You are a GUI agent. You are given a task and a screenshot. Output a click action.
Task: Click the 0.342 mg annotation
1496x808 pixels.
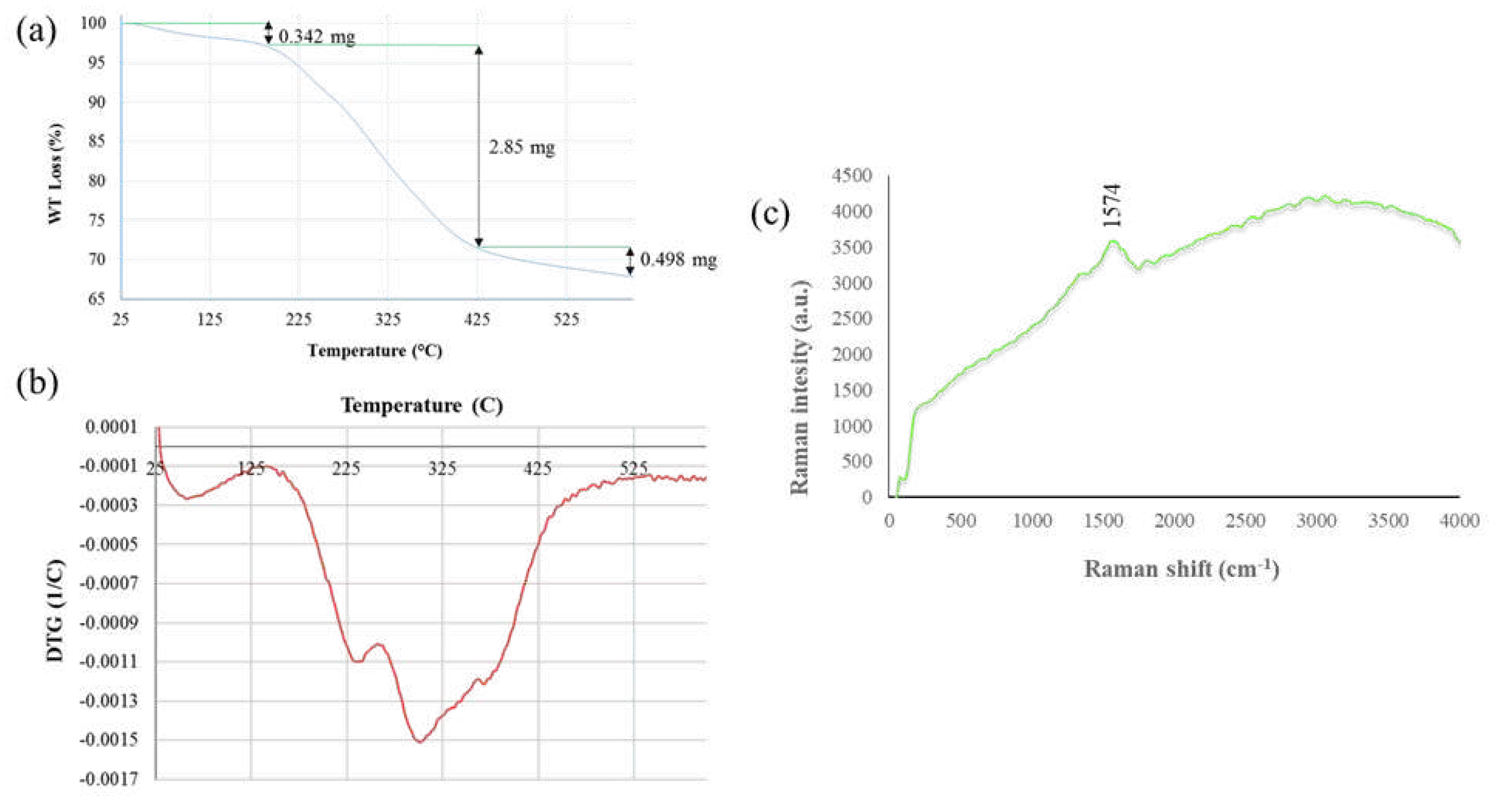click(316, 37)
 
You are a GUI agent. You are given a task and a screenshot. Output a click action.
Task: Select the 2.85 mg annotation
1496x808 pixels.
click(521, 148)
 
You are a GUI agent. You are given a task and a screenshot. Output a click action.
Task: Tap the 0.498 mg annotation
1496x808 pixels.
click(678, 259)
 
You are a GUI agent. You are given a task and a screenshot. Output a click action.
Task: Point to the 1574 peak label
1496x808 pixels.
click(1111, 205)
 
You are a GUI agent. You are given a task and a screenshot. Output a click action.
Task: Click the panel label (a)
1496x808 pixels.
click(36, 30)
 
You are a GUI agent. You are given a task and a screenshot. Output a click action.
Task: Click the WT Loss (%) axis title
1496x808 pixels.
click(55, 174)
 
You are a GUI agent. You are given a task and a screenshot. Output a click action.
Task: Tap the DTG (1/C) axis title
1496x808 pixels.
click(55, 611)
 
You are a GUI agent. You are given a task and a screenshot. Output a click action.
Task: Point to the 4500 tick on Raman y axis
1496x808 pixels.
click(852, 175)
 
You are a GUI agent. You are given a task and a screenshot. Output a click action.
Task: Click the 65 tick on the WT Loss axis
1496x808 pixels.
click(96, 299)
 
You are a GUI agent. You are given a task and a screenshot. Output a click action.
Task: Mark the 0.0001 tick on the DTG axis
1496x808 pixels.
click(112, 427)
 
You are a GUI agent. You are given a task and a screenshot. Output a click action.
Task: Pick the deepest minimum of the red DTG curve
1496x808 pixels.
click(419, 742)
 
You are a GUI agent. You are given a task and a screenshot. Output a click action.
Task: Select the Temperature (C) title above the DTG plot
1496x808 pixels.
click(422, 405)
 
